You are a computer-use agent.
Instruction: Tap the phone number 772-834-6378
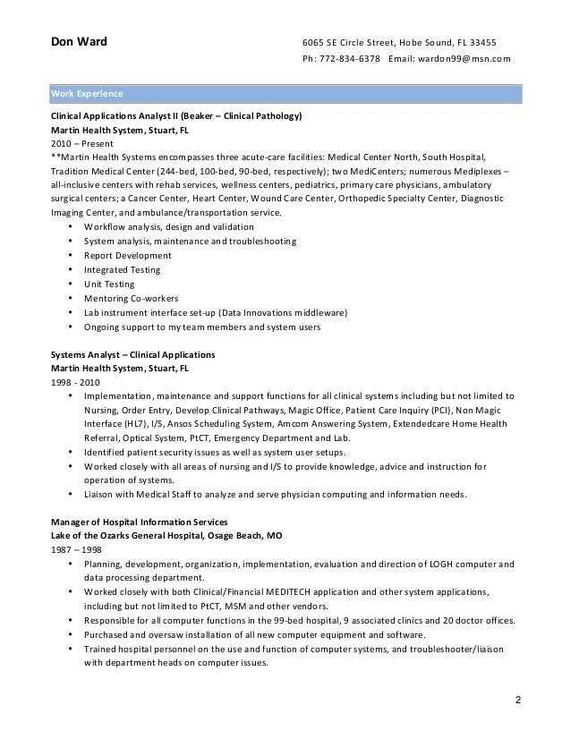[x=349, y=60]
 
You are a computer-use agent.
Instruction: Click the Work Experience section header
[x=87, y=93]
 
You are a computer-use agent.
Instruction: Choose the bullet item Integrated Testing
[x=123, y=270]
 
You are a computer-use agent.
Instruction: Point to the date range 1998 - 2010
[x=76, y=382]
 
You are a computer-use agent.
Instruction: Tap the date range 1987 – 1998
[x=77, y=549]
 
